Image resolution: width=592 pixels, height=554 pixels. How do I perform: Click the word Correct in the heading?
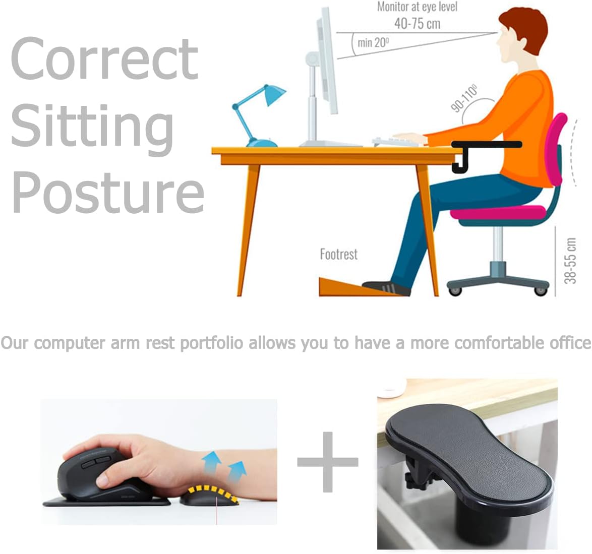[104, 59]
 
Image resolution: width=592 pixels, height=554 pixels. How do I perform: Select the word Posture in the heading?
[108, 192]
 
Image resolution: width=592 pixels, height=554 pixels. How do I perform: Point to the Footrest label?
[338, 254]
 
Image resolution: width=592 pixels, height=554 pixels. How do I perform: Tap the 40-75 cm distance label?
[417, 23]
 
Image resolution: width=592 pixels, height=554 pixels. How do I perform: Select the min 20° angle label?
[373, 42]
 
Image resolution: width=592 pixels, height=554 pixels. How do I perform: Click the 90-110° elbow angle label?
[464, 99]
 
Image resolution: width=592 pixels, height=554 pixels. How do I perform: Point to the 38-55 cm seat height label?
[570, 260]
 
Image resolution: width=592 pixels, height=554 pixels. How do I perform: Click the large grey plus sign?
[328, 461]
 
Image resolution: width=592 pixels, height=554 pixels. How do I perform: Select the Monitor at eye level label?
[417, 7]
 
